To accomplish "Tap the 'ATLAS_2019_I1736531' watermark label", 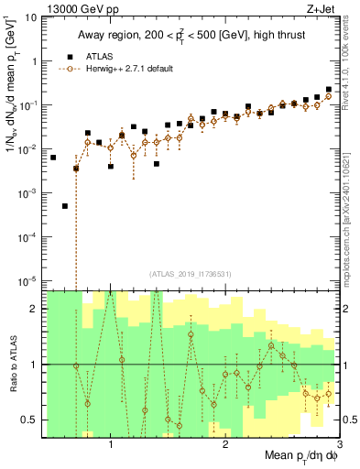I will (x=191, y=273).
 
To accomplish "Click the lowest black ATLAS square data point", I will (x=65, y=206).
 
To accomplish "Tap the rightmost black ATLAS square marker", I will (x=329, y=89).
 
